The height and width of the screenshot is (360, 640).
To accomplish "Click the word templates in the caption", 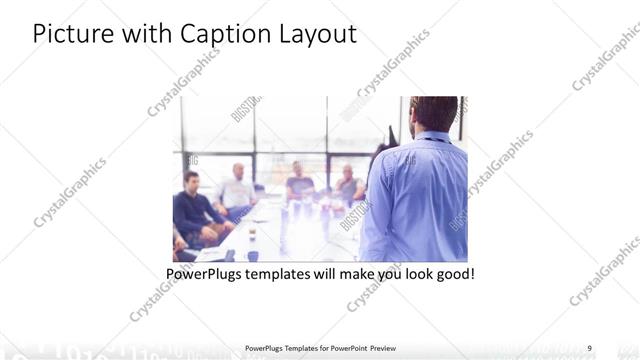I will click(289, 273).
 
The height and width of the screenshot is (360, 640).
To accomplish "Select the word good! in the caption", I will click(453, 273).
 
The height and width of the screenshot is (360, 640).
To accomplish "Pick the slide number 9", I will click(589, 348).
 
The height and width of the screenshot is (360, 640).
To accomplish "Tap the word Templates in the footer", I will click(298, 348).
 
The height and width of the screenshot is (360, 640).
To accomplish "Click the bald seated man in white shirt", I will click(237, 190).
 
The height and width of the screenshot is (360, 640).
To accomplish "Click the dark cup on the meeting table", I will click(251, 238).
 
